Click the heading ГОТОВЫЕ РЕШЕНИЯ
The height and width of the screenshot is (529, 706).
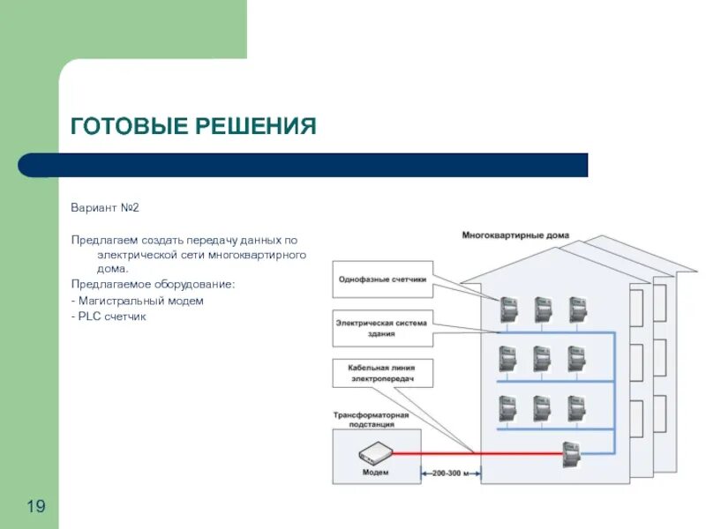tap(193, 126)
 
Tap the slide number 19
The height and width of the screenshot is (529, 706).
tap(36, 506)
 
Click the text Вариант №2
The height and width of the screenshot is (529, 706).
tap(105, 208)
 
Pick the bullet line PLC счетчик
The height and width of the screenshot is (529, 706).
tap(111, 317)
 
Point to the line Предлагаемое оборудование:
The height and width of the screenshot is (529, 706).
tap(154, 285)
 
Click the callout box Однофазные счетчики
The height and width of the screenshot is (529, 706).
tap(382, 279)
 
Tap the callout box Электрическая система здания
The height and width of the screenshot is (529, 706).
tap(382, 328)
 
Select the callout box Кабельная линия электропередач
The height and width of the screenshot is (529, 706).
tap(382, 373)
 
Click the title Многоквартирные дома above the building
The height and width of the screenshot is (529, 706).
tap(515, 235)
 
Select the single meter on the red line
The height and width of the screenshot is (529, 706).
tap(571, 455)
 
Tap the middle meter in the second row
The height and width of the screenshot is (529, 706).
tap(542, 359)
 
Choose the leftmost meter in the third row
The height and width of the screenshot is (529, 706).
tap(508, 408)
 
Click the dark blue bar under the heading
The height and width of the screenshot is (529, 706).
tap(303, 165)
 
